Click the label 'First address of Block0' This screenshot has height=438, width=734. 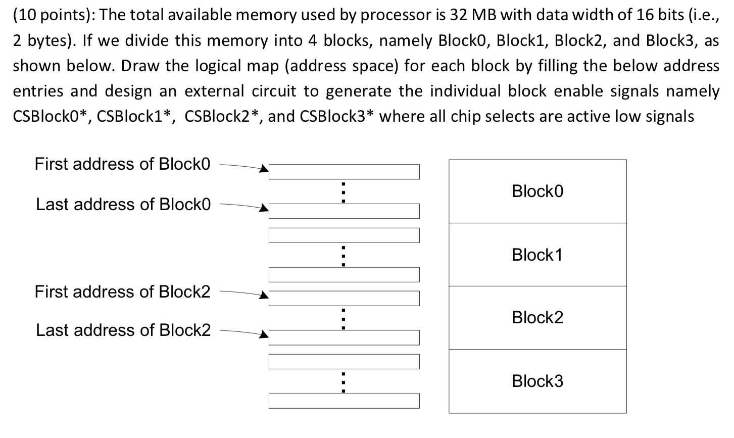tap(122, 164)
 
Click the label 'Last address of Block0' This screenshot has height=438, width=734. tap(123, 204)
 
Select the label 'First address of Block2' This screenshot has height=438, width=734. tap(122, 291)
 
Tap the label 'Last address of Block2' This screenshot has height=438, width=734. tap(123, 330)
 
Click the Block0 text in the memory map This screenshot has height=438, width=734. tap(537, 191)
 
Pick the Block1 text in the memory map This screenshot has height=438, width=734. tap(537, 255)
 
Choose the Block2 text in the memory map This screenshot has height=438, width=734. tap(537, 317)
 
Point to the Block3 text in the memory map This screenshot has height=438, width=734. tap(537, 381)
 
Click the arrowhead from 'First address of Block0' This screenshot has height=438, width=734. tap(263, 170)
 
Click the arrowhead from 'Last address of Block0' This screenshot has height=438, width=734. tap(263, 208)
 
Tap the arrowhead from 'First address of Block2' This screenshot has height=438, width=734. tap(263, 296)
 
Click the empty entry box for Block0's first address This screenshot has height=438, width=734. tap(344, 172)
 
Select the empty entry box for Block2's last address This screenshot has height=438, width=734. tap(344, 337)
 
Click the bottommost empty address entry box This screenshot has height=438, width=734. tap(344, 401)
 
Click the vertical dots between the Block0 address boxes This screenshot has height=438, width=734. tap(343, 192)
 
